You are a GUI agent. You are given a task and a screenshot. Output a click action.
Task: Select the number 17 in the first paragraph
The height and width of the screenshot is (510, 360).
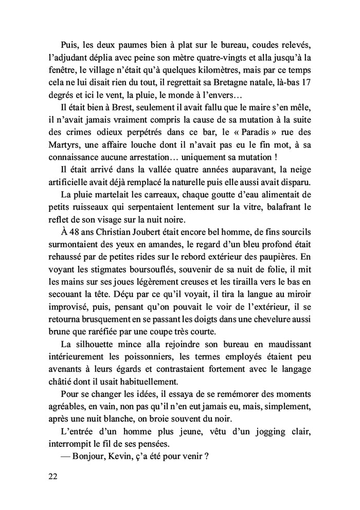pos(305,83)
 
